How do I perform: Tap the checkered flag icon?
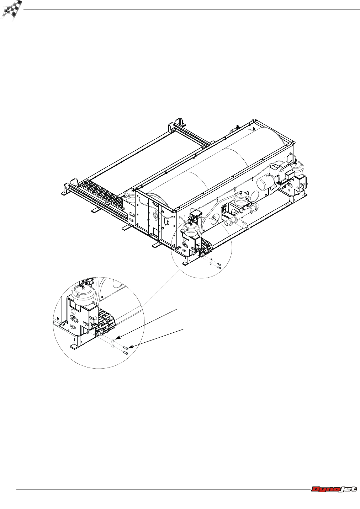point(11,10)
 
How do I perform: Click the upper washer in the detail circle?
point(113,341)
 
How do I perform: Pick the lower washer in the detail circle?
point(113,346)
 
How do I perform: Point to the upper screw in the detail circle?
point(125,347)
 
